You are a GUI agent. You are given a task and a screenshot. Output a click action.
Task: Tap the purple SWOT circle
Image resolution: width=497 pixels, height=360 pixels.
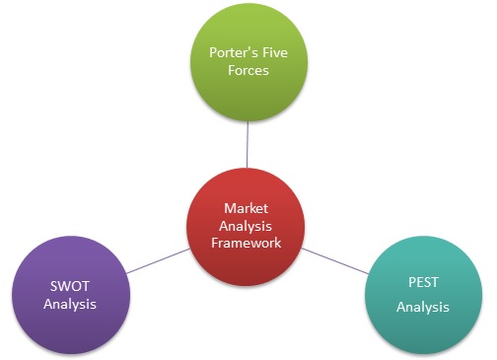70,294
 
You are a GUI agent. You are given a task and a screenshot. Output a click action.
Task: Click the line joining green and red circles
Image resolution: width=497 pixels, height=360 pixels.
248,143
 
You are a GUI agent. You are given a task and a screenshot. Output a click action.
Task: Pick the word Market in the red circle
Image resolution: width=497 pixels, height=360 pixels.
246,209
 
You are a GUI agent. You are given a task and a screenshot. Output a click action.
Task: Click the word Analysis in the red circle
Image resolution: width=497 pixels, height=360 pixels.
246,226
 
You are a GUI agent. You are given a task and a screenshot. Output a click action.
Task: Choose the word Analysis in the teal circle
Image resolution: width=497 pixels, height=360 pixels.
422,308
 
